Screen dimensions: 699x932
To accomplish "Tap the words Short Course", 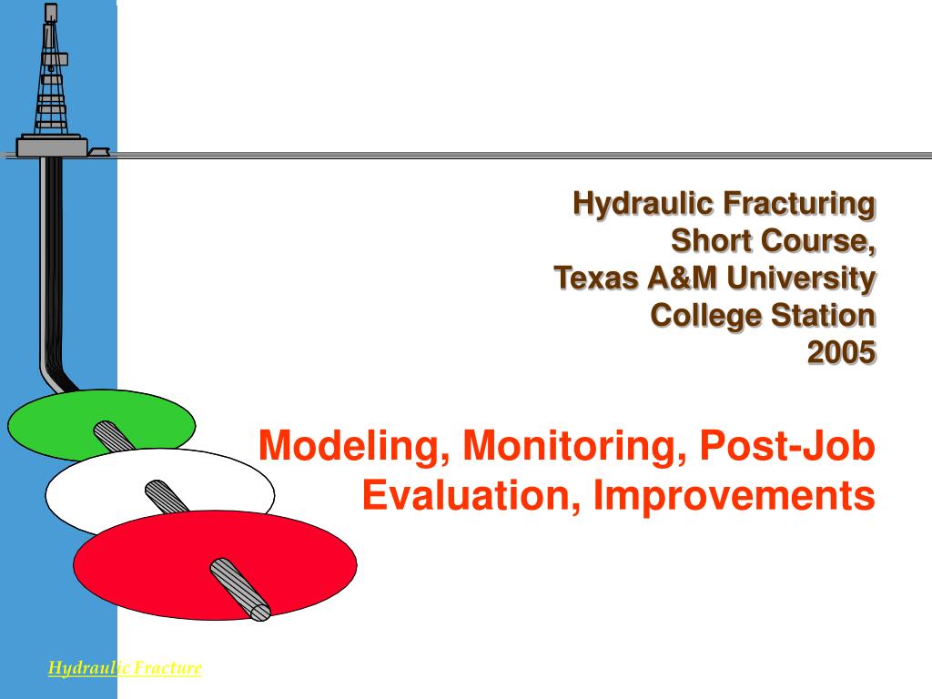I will [773, 240].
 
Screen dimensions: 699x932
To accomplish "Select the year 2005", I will [841, 351].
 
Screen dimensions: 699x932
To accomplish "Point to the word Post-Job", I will [787, 446].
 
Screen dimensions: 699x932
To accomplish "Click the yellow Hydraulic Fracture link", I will [125, 668].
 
